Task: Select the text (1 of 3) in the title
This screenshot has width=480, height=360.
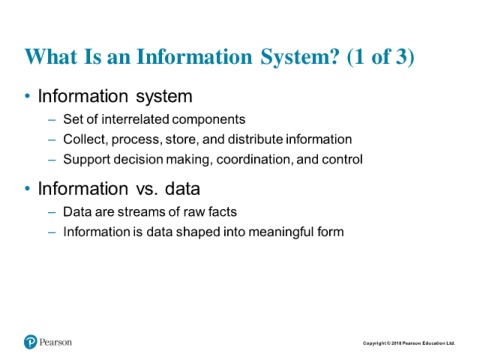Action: click(380, 57)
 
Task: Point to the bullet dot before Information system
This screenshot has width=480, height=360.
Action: click(27, 96)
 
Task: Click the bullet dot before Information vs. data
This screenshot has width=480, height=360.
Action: click(27, 189)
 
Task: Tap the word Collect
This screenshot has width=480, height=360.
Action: click(85, 140)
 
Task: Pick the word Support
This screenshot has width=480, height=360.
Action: click(87, 160)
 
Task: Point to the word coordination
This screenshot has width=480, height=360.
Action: click(255, 160)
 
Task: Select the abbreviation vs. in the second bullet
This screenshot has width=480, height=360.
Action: click(147, 189)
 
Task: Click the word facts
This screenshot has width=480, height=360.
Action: click(222, 212)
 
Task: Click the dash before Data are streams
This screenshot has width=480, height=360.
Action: click(52, 212)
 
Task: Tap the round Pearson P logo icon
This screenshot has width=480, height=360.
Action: click(30, 342)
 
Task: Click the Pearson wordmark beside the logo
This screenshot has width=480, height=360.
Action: click(55, 342)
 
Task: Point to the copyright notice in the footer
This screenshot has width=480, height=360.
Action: click(409, 343)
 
